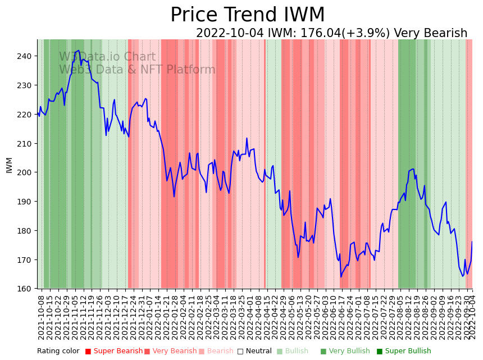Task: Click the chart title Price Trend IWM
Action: click(x=247, y=15)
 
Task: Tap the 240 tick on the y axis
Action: click(x=27, y=56)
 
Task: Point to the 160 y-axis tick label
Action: click(x=27, y=289)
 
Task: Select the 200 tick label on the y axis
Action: click(x=27, y=172)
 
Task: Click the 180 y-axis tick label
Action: click(x=27, y=231)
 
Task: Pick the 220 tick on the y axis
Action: click(x=27, y=115)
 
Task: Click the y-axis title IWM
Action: click(x=10, y=165)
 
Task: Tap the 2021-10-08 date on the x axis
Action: click(x=42, y=315)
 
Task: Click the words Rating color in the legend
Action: click(x=58, y=352)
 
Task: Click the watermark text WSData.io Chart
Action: click(x=107, y=57)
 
